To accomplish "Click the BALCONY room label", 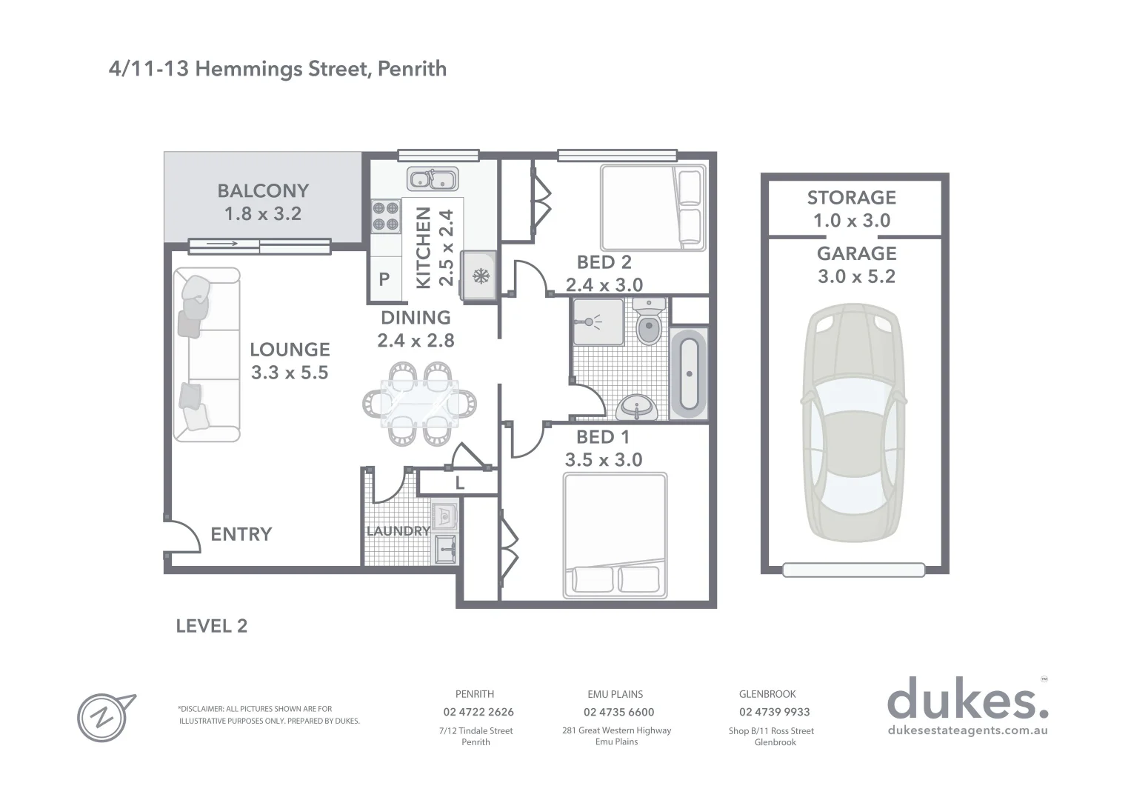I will coord(263,191).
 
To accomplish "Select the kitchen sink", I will coord(433,179).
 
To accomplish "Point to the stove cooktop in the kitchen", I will coord(385,216).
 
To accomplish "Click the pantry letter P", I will coord(384,279).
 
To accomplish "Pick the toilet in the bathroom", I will coord(649,323).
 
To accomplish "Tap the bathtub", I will coord(689,374).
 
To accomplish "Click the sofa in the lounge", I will coord(206,356).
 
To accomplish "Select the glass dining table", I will coord(419,404).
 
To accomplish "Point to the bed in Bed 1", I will coord(615,536).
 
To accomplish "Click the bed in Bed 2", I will coord(652,207).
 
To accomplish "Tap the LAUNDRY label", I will coord(398,531).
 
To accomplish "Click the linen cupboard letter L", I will coord(459,484).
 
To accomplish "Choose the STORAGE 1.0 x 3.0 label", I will coord(852,209).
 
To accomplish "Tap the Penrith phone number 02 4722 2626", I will coord(478,712).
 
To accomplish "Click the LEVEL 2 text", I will coord(212,626).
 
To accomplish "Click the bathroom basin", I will coord(636,407).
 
